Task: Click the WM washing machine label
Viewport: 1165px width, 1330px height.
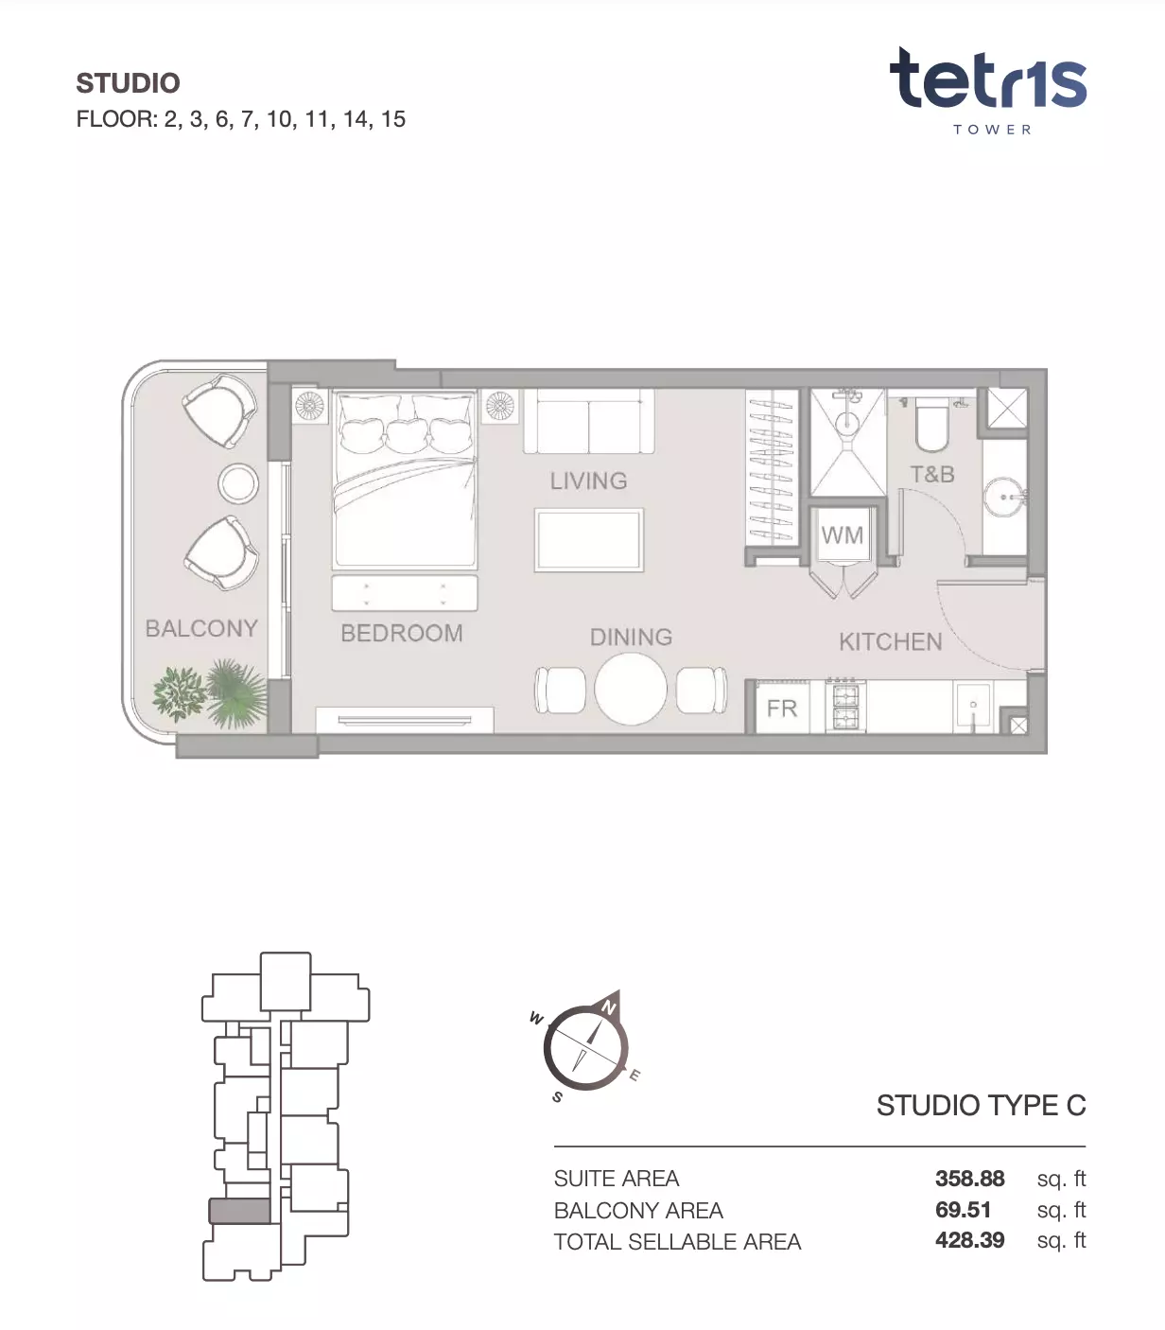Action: tap(843, 535)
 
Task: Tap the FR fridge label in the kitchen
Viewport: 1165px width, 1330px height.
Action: tap(782, 709)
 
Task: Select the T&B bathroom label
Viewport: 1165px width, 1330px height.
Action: tap(932, 474)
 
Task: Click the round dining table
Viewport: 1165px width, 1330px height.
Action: tap(631, 690)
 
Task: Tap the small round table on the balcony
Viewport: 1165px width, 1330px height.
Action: tap(238, 483)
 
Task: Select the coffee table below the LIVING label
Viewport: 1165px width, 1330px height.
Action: tap(589, 539)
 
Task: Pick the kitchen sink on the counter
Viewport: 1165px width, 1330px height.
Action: tap(973, 708)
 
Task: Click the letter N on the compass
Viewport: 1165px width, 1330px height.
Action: tap(609, 1007)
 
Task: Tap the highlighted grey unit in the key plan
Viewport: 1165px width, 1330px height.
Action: tap(239, 1211)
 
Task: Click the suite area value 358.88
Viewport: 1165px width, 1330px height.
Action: tap(969, 1179)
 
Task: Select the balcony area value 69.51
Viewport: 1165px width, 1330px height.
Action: tap(963, 1210)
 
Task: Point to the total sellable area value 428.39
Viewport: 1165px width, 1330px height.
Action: tap(969, 1240)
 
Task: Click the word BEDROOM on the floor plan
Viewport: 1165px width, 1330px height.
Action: tap(402, 633)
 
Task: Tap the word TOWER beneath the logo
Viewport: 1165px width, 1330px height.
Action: tap(992, 130)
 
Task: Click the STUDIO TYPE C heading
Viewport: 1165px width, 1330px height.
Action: tap(982, 1106)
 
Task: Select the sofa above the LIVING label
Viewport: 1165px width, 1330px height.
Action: tap(589, 421)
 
